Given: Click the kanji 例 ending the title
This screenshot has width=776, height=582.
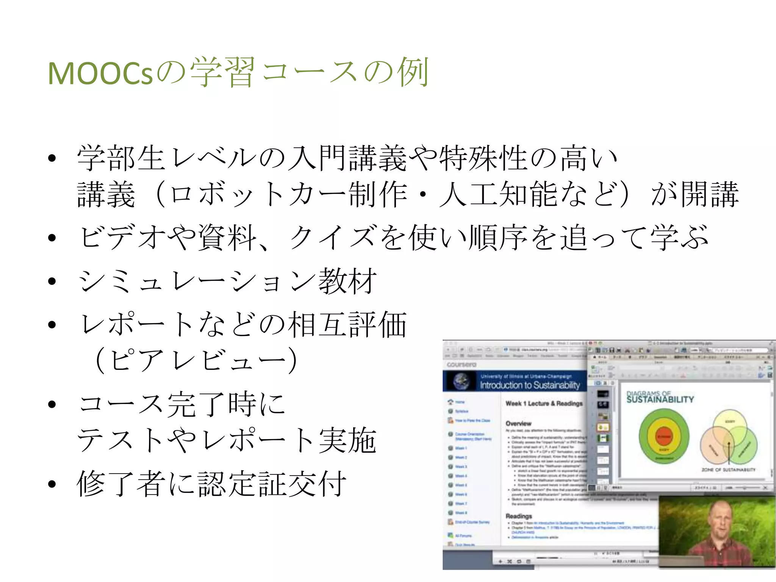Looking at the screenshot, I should [413, 72].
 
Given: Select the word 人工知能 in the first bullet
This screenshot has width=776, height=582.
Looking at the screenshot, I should [499, 195].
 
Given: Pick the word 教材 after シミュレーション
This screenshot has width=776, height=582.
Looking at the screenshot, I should [347, 281].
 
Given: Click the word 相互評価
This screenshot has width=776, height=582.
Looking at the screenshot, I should [347, 325].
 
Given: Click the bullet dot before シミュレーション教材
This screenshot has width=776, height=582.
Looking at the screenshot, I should [52, 282].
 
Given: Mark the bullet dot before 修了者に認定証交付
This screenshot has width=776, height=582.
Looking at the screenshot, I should [52, 484].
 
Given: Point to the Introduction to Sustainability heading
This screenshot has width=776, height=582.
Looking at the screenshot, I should [530, 385].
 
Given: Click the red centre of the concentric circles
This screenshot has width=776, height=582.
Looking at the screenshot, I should [663, 436].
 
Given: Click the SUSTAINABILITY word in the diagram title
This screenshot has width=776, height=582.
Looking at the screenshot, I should [660, 400].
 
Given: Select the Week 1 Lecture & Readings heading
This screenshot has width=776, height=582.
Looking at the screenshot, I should [544, 404].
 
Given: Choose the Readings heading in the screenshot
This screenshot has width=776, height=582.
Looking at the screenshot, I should [518, 516].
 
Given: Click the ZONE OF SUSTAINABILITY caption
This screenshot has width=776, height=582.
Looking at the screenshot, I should [728, 470].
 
